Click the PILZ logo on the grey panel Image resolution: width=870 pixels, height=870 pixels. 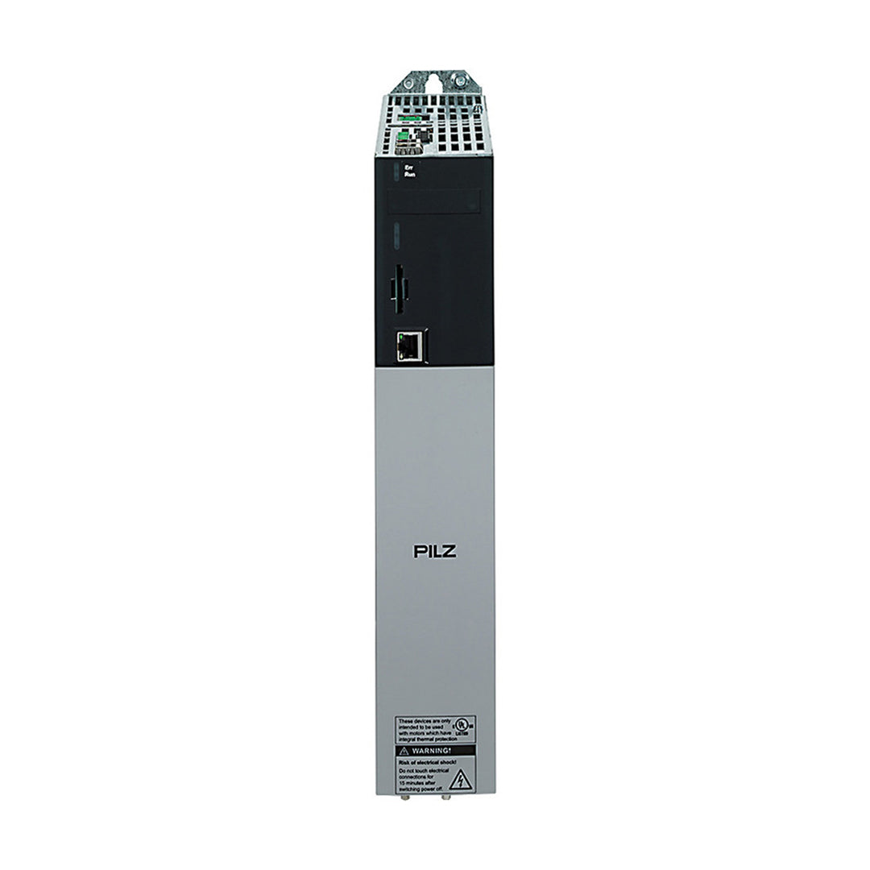[x=435, y=552]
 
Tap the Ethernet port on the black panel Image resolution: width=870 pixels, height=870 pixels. [x=410, y=346]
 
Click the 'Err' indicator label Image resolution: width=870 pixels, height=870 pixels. [x=408, y=167]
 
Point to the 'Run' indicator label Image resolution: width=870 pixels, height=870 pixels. [x=409, y=174]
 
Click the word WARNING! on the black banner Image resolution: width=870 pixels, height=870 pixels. [x=438, y=750]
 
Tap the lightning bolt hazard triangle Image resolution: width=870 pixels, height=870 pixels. [x=460, y=779]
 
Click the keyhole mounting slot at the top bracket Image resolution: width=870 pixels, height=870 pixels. [x=435, y=81]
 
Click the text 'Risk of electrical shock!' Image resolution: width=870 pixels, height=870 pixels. [x=427, y=761]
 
